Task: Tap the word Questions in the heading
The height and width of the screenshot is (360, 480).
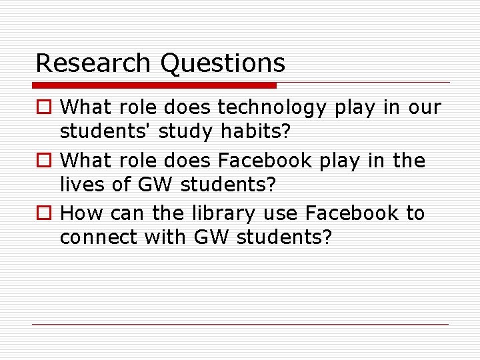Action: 223,64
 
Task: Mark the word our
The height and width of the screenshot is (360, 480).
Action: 425,107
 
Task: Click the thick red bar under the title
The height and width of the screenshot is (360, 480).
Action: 154,85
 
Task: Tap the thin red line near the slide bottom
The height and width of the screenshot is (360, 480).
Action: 240,325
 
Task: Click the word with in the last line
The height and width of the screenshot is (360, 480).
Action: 173,237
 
